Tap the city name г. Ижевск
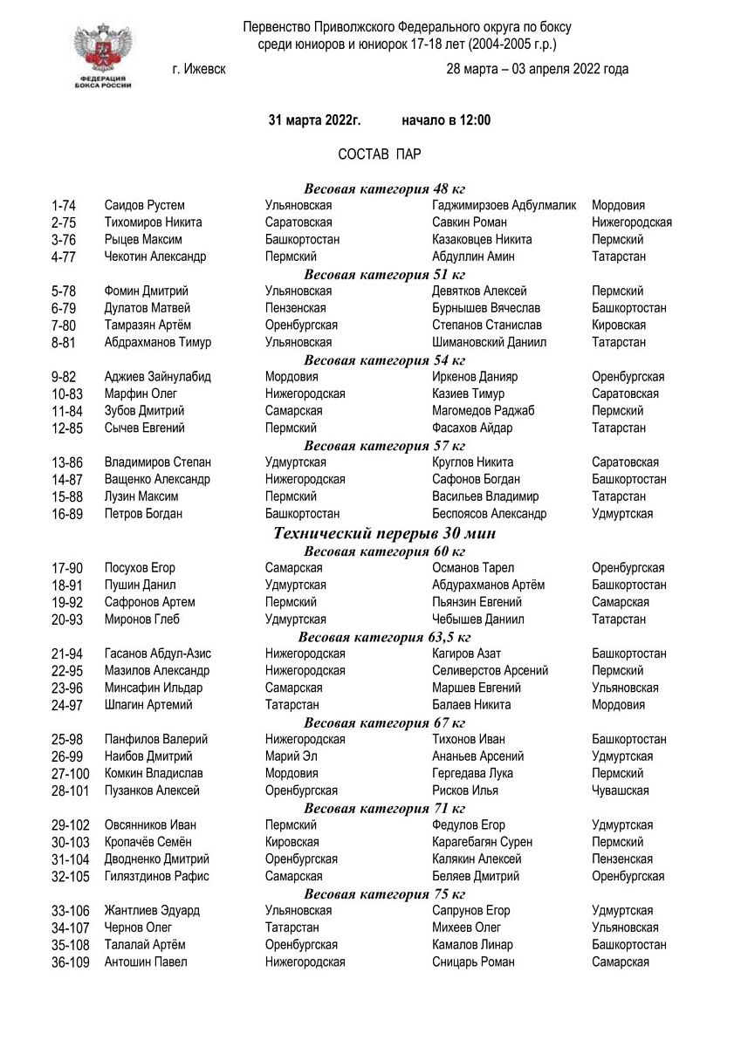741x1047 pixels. click(199, 70)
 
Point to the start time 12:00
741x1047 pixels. click(473, 120)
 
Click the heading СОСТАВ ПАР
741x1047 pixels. click(380, 154)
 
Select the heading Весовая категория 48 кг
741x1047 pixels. click(384, 188)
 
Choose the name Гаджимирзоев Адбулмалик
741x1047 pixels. click(504, 206)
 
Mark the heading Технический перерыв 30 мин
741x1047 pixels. click(385, 532)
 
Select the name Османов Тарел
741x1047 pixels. click(472, 568)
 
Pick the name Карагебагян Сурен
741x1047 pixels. click(482, 842)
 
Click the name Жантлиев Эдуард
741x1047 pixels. click(152, 911)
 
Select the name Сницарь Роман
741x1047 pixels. click(473, 962)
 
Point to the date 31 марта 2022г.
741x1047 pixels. click(314, 120)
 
